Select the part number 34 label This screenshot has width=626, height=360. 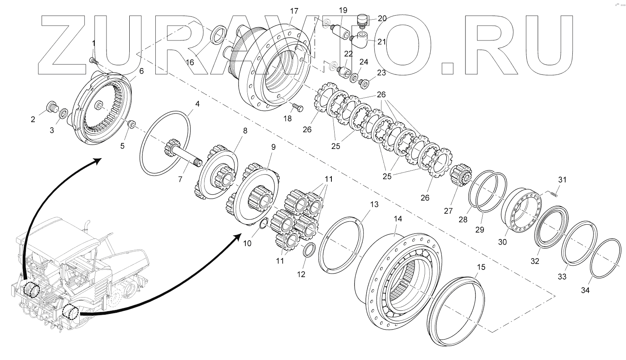click(x=585, y=290)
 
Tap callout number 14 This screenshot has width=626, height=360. click(x=397, y=219)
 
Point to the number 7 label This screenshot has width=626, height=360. click(x=180, y=179)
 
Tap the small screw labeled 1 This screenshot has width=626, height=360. click(x=93, y=60)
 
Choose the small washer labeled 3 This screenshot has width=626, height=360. click(x=63, y=115)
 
